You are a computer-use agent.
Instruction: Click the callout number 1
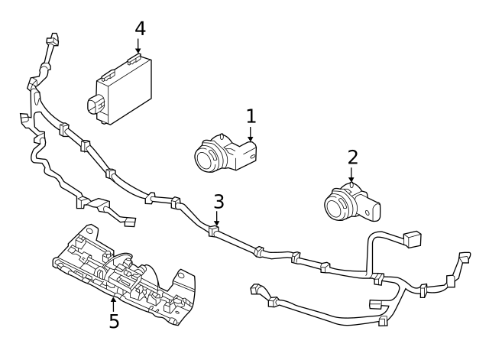(251, 116)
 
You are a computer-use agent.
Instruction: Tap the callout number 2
(352, 157)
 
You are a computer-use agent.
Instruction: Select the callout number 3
(219, 201)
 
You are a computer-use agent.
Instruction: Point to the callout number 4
(141, 29)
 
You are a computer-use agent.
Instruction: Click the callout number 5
(114, 321)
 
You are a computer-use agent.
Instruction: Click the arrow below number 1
(251, 134)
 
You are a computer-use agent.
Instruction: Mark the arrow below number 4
(138, 46)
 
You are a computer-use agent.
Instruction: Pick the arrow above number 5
(114, 305)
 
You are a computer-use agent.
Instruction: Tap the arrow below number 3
(217, 218)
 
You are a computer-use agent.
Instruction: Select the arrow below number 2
(351, 174)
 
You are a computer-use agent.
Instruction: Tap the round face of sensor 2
(336, 206)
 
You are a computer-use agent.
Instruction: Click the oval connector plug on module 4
(95, 105)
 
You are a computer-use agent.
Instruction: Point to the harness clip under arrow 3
(213, 231)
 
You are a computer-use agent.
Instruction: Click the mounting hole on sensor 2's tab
(367, 213)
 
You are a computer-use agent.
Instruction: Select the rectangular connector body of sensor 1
(245, 156)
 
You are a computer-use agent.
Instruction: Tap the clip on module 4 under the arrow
(134, 60)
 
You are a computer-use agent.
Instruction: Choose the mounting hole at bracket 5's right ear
(181, 276)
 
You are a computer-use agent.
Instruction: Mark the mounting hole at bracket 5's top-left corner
(89, 231)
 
